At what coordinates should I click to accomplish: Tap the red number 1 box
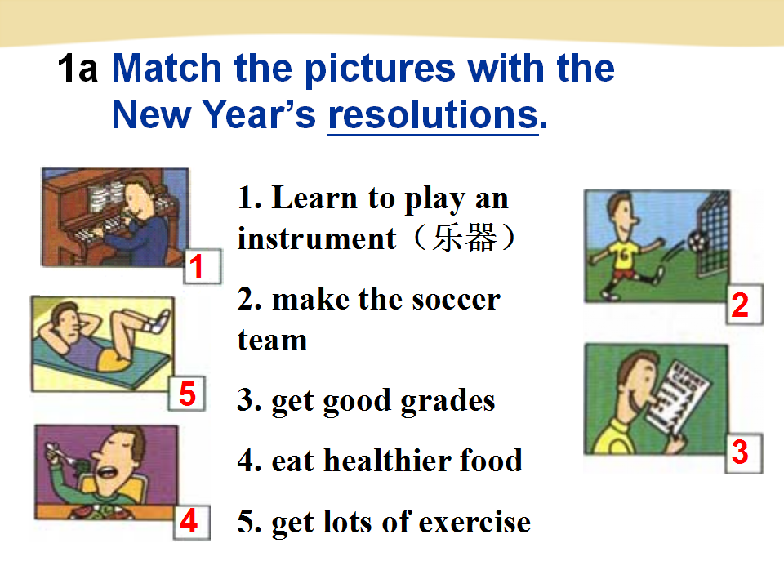[203, 266]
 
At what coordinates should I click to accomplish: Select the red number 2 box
[745, 305]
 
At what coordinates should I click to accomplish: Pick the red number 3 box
[744, 453]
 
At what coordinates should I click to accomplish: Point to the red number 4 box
[191, 522]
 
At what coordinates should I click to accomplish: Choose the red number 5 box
[187, 394]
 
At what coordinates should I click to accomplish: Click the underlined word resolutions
[433, 115]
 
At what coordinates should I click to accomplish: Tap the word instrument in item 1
[317, 238]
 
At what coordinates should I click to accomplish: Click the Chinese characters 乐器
[465, 238]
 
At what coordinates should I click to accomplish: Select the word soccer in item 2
[457, 300]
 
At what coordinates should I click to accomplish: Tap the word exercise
[474, 523]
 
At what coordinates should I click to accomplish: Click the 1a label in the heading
[78, 69]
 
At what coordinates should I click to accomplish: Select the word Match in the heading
[167, 68]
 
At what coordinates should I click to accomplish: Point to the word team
[273, 341]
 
